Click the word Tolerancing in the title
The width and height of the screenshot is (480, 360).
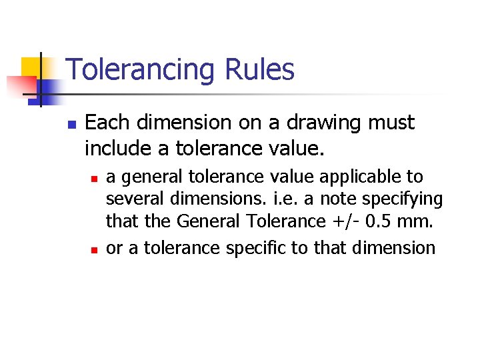[x=140, y=70]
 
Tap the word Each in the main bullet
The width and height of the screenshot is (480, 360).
[x=106, y=123]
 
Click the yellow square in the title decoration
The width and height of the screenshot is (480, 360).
[x=31, y=67]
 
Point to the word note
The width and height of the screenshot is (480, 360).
[x=319, y=199]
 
